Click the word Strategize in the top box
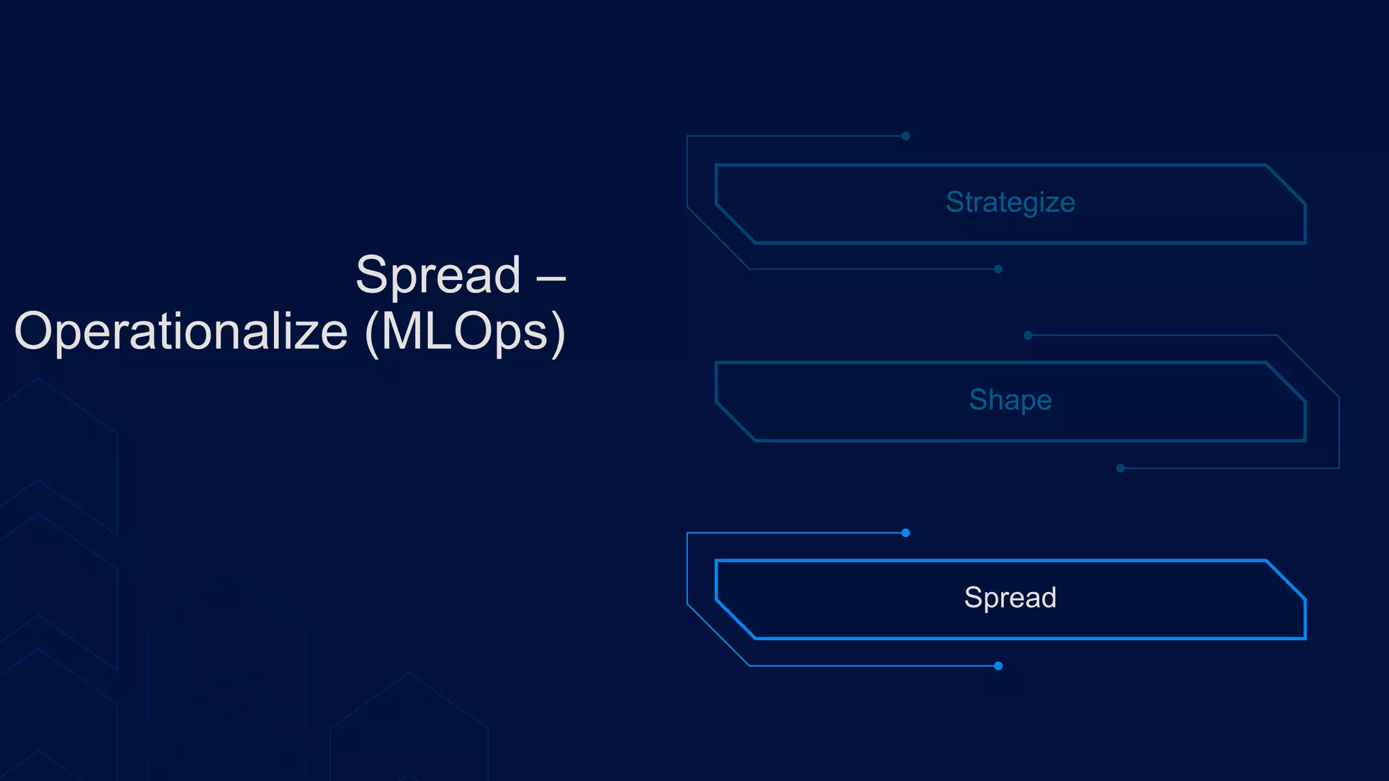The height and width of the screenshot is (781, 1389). coord(1010,203)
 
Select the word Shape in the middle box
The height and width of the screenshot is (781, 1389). coord(1010,400)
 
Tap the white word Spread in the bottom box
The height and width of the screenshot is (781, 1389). coord(1010,598)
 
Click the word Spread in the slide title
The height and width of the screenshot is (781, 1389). coord(438,275)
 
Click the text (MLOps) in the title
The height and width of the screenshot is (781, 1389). coord(465,332)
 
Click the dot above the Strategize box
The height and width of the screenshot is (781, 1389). coord(905,136)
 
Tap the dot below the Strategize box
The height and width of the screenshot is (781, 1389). coord(998,269)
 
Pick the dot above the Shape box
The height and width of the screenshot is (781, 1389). coord(1028,335)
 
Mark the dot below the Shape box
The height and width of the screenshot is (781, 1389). coord(1120,468)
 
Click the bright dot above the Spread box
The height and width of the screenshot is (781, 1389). coord(905,533)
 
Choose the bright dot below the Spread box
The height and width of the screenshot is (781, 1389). coord(998,666)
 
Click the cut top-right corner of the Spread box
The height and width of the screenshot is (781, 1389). coord(1286,580)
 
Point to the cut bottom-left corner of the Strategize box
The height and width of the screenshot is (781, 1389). coord(736,223)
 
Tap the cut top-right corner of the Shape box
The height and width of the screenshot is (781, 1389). coord(1286,382)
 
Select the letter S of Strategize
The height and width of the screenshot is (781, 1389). coord(955,202)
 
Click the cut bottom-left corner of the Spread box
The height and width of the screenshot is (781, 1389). coord(736,619)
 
